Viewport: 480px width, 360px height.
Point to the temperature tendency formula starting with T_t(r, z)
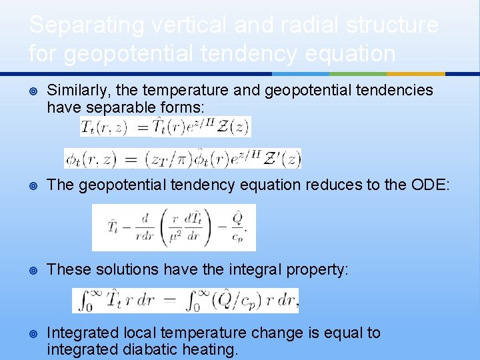click(165, 127)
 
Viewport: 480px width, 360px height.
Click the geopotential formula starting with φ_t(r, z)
click(183, 158)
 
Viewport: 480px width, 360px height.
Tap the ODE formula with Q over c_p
click(173, 227)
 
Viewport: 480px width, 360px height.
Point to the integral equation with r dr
click(185, 301)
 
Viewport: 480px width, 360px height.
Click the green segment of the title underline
click(358, 73)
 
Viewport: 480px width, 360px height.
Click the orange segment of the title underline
click(415, 73)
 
